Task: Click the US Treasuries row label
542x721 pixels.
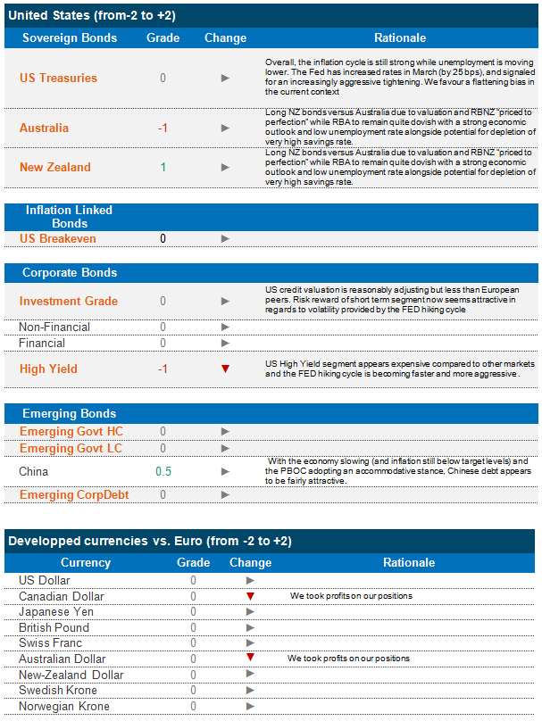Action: [x=58, y=78]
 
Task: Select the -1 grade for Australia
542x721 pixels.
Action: [x=163, y=128]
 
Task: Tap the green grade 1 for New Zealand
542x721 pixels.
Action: [x=163, y=167]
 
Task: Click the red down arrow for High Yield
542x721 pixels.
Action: [x=225, y=369]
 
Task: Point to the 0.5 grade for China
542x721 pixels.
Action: [x=163, y=471]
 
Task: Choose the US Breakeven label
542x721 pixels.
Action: [x=58, y=238]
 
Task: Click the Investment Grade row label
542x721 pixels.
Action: [x=69, y=301]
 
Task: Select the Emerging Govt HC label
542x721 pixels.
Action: [x=71, y=432]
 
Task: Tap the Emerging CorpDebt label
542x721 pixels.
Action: [x=74, y=494]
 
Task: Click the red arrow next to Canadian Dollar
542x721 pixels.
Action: [x=251, y=596]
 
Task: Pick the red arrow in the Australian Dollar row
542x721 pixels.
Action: [x=251, y=658]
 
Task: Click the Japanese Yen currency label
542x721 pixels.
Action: [x=55, y=612]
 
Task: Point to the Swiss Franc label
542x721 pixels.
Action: [x=51, y=642]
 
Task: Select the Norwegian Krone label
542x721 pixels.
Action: [x=64, y=706]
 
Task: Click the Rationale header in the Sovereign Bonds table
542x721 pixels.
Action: [x=400, y=38]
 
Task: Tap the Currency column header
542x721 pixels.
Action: [x=86, y=562]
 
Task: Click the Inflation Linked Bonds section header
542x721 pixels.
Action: [x=69, y=216]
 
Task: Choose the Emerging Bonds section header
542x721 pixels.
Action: [x=69, y=413]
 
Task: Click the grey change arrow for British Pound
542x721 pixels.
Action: [x=251, y=627]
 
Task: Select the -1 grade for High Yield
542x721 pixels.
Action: [x=163, y=369]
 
